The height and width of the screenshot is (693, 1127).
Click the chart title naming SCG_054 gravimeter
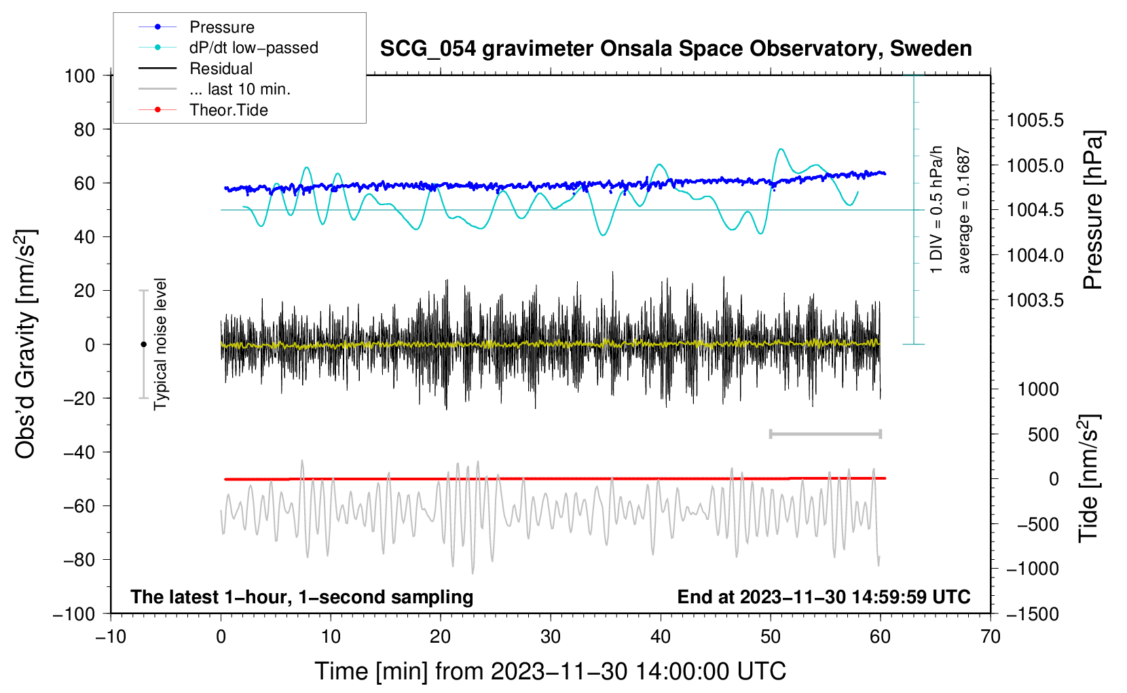676,49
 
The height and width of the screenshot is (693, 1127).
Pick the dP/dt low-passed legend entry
253,48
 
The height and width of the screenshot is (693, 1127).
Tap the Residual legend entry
221,69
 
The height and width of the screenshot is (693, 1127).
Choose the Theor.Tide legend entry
228,110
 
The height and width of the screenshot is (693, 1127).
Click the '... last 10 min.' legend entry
240,89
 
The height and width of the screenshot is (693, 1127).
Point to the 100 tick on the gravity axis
79,75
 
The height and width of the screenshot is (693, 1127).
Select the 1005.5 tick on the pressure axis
1035,121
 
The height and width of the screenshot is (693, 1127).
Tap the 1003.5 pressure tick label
1035,300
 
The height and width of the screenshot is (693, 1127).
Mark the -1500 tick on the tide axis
1032,614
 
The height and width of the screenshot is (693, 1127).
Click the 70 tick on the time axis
991,637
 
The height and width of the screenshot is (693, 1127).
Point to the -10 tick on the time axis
111,637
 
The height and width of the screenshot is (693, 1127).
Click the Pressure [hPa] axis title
1093,210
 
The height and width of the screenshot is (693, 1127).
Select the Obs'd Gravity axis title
26,344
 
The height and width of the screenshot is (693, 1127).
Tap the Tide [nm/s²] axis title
1088,478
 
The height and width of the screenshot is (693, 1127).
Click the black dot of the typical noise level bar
143,344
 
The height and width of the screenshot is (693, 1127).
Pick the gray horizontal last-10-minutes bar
825,433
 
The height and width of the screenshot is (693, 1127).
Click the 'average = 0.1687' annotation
964,211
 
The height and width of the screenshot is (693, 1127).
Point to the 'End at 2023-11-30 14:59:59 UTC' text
824,597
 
